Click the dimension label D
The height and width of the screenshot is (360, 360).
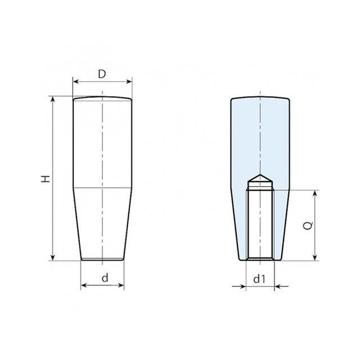102,74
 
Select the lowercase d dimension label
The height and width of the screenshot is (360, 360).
105,278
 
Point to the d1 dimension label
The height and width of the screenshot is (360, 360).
259,279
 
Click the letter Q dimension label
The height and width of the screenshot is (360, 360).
308,226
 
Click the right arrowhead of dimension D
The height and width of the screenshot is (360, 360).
129,82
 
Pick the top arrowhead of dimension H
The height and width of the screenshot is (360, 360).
53,99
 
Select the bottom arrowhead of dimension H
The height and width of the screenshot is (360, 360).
53,258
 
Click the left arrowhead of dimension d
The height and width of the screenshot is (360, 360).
84,285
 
